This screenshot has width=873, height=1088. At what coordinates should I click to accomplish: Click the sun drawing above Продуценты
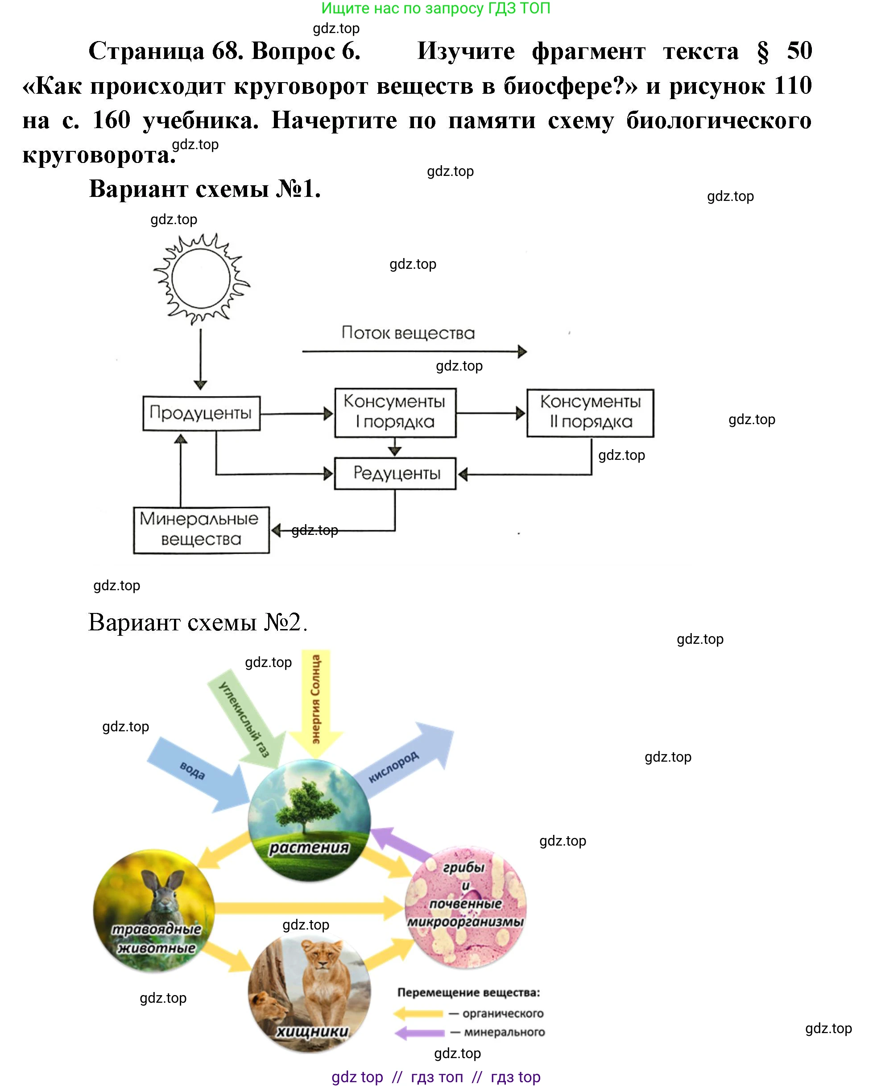[x=201, y=279]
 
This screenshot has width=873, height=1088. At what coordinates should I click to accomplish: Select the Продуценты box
[x=201, y=413]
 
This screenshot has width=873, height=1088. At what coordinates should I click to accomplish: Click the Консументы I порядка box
[x=395, y=412]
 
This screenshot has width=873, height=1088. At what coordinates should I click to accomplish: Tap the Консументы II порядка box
[x=590, y=412]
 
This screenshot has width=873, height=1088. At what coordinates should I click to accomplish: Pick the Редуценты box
[x=395, y=473]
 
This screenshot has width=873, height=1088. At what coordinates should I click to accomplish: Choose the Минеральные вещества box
[x=201, y=530]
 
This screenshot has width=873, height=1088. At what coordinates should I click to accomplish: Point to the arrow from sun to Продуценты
[x=201, y=358]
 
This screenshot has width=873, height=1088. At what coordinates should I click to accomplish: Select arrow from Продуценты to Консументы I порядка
[x=297, y=414]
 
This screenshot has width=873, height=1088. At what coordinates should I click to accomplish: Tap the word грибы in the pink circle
[x=463, y=867]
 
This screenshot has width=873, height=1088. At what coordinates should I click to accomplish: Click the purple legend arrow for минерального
[x=420, y=1033]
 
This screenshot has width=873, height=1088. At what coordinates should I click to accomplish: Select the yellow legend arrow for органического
[x=418, y=1013]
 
